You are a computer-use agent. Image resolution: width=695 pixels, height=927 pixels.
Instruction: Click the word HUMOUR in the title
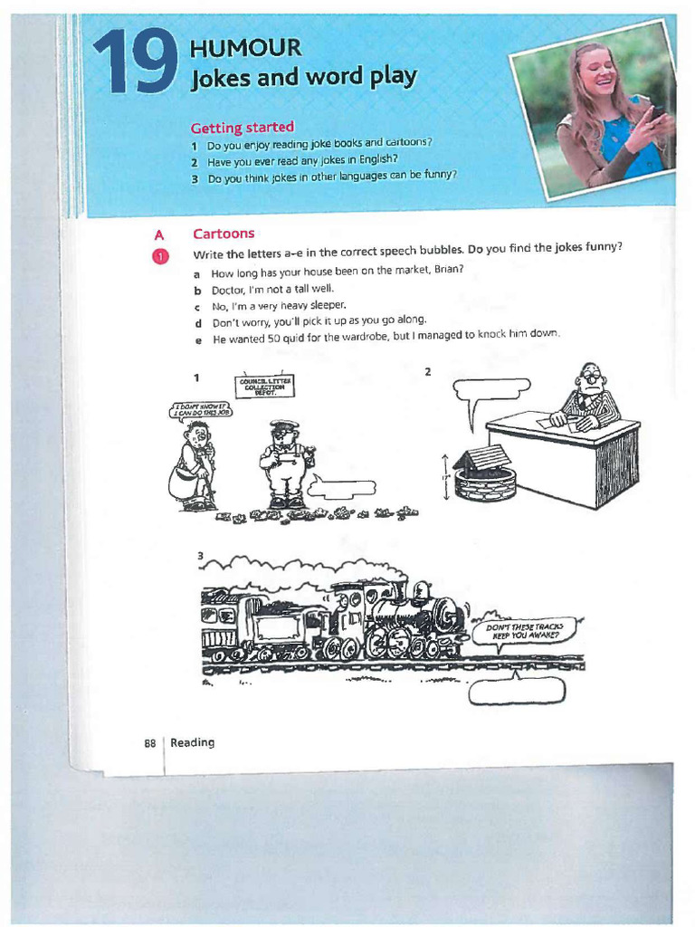[245, 48]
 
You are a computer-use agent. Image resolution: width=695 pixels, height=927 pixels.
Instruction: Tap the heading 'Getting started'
[242, 128]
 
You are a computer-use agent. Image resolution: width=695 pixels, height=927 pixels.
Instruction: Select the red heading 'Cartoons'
[224, 234]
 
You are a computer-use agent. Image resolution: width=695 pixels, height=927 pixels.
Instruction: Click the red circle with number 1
[160, 256]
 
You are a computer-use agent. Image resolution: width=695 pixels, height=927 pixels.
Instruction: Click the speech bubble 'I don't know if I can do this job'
[203, 410]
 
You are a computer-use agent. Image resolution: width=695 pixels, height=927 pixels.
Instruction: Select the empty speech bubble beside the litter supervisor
[342, 490]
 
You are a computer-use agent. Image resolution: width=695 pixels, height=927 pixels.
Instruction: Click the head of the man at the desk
[591, 377]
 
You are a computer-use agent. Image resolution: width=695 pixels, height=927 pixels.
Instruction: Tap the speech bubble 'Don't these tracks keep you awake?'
[526, 630]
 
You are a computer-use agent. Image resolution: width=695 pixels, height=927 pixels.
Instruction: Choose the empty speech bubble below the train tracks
[517, 692]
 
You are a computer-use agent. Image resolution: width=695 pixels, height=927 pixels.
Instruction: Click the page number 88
[150, 743]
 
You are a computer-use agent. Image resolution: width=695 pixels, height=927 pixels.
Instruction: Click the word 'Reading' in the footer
[193, 742]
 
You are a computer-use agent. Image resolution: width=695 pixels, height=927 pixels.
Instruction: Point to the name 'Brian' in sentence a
[447, 271]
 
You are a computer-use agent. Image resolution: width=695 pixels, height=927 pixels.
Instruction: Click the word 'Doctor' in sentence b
[229, 290]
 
